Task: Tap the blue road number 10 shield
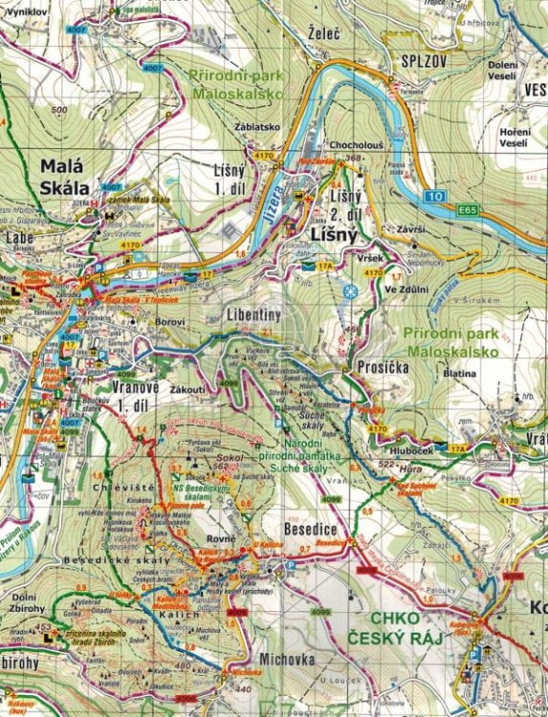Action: click(x=438, y=196)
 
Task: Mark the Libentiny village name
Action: click(x=253, y=315)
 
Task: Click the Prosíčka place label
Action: click(x=383, y=367)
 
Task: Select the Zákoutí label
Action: click(x=188, y=390)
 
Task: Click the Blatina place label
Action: click(x=462, y=374)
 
